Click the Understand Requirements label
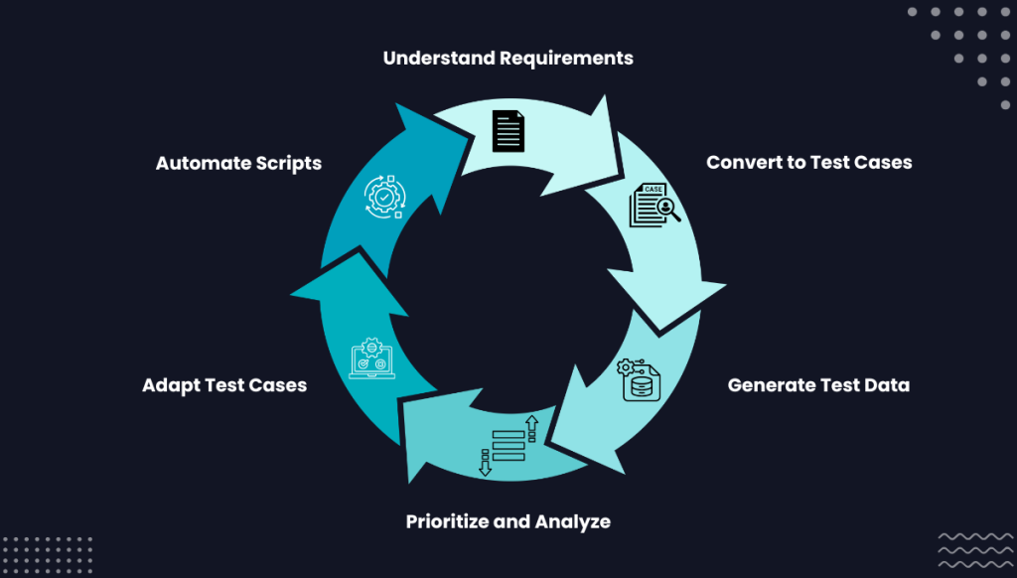pyautogui.click(x=508, y=58)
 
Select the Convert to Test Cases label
pyautogui.click(x=808, y=162)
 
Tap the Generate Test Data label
pyautogui.click(x=818, y=384)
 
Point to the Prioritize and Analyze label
pyautogui.click(x=508, y=521)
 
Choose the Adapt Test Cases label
pyautogui.click(x=224, y=384)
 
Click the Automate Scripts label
pyautogui.click(x=238, y=163)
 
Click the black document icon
pyautogui.click(x=508, y=130)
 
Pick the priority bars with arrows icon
pyautogui.click(x=508, y=445)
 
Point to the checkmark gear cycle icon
pyautogui.click(x=382, y=197)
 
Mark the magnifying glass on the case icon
pyautogui.click(x=667, y=211)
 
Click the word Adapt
pyautogui.click(x=170, y=384)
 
